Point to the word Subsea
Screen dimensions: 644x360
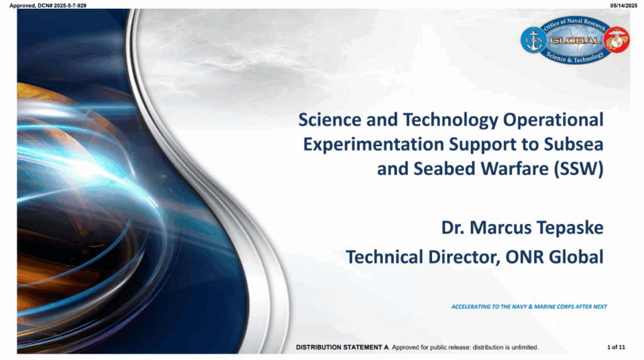click(574, 144)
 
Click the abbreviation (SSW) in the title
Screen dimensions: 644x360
click(579, 169)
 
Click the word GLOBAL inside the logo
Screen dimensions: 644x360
click(575, 40)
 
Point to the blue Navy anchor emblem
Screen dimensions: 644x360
click(533, 40)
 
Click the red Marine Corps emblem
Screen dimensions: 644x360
click(617, 40)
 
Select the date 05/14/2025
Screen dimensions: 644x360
click(623, 6)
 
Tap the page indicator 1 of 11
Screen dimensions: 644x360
click(616, 347)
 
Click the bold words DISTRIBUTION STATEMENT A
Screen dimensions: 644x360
click(343, 347)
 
